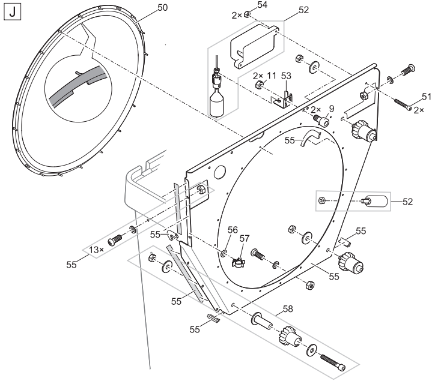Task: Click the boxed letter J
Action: pos(13,13)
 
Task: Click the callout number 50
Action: pos(163,8)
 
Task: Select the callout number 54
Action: pos(262,5)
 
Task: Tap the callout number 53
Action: pos(286,76)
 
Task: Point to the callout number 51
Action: pos(427,97)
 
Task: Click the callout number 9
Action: pos(332,109)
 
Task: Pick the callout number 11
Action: pos(272,76)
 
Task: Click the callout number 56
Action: pos(233,230)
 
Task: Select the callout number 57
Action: pos(245,239)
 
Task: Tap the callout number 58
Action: pos(288,309)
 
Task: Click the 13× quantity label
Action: pos(96,250)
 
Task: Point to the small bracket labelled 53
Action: pos(283,100)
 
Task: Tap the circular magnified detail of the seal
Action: pos(79,91)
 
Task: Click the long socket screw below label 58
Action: pos(333,362)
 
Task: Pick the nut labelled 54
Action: pos(247,14)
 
